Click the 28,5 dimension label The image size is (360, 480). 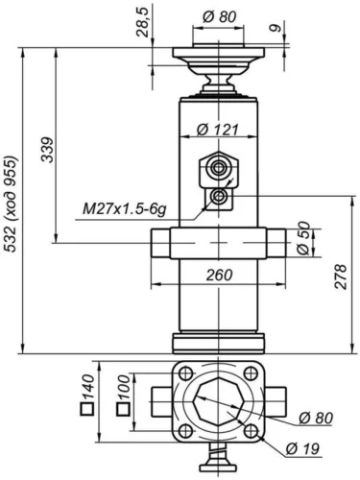click(143, 22)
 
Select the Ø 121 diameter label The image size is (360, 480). click(218, 130)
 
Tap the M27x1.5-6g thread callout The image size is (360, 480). click(124, 209)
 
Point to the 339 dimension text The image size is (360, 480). click(48, 150)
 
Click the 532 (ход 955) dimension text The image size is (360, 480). click(11, 204)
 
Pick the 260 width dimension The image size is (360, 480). click(219, 275)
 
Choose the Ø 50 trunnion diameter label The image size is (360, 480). click(303, 238)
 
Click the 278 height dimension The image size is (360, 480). click(341, 276)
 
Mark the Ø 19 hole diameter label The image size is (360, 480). click(302, 448)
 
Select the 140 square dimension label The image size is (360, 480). click(87, 395)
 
